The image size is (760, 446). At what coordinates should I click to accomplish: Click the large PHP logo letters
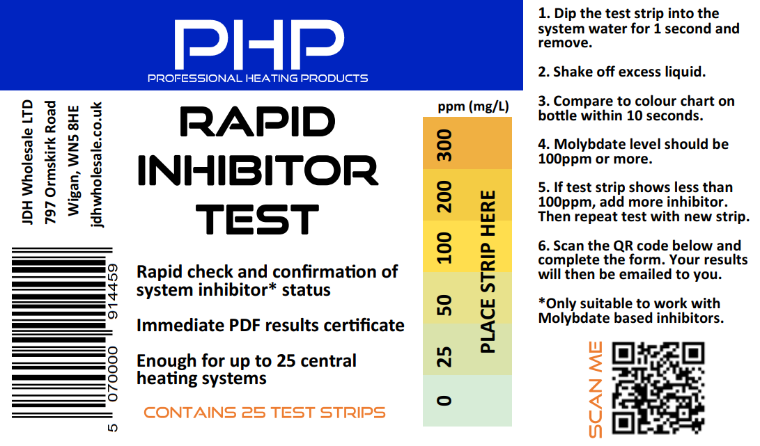[258, 40]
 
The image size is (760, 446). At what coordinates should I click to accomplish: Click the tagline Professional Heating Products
[258, 78]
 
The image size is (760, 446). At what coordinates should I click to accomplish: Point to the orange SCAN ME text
[595, 390]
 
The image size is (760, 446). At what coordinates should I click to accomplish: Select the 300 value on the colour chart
[444, 145]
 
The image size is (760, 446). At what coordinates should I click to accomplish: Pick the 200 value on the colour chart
[444, 196]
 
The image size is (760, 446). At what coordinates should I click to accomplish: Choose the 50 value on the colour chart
[444, 304]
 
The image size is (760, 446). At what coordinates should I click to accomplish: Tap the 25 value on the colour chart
[444, 356]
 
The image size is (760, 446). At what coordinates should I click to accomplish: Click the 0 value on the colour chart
[444, 400]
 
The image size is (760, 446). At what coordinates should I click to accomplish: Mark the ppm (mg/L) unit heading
[473, 106]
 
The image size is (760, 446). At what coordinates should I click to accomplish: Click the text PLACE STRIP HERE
[488, 271]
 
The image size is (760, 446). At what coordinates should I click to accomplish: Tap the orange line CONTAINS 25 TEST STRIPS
[265, 412]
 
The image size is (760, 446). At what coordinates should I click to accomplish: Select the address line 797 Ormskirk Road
[50, 163]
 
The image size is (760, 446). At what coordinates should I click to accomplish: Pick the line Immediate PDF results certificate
[270, 325]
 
